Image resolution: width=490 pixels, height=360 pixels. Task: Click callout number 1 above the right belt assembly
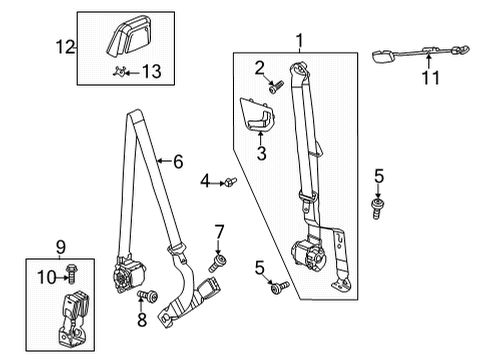click(296, 41)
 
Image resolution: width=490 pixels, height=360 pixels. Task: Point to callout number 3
click(261, 153)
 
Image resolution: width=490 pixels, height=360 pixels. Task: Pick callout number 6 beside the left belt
click(177, 159)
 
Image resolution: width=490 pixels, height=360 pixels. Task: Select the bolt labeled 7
click(213, 264)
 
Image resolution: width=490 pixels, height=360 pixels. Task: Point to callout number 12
click(65, 45)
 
